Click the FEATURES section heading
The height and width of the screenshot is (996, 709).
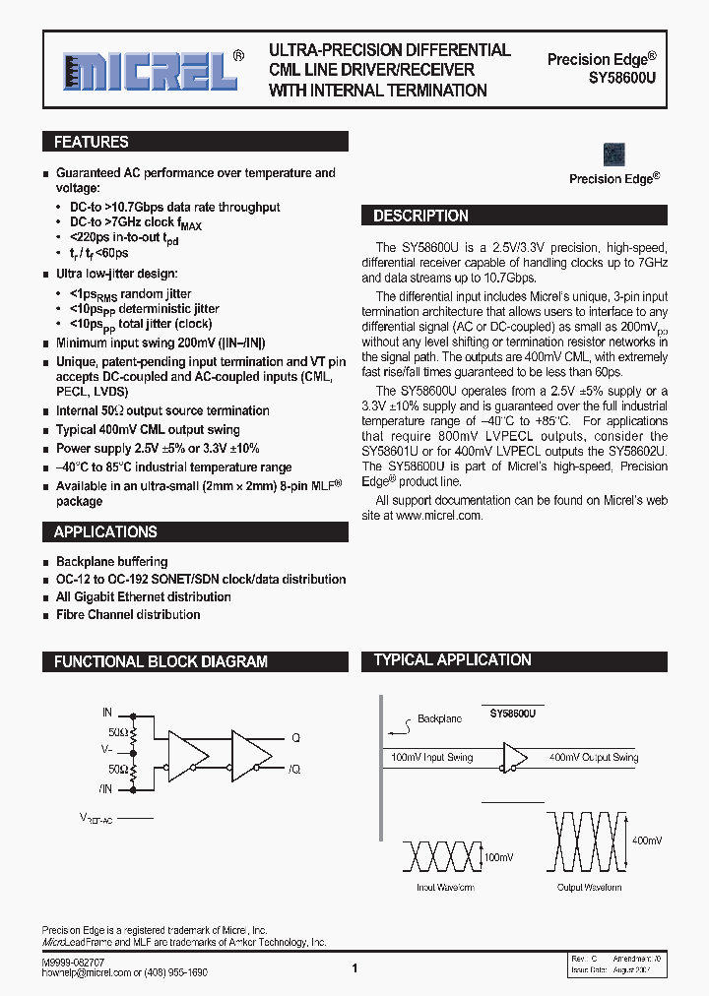tap(92, 142)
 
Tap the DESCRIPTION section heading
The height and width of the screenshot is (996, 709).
tap(420, 216)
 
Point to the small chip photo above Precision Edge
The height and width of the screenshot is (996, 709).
tap(614, 155)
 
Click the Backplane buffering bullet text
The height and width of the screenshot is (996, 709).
tap(111, 561)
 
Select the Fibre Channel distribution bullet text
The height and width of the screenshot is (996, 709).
tap(128, 614)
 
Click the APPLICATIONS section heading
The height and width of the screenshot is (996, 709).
tap(105, 531)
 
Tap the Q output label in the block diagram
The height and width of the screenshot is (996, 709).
tap(295, 737)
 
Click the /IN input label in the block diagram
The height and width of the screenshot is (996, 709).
tap(105, 788)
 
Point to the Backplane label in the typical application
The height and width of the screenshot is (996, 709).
tap(438, 718)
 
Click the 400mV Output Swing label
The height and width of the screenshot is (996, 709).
tap(594, 757)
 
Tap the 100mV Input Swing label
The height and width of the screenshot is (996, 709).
tap(432, 757)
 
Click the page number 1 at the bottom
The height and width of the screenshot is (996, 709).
tap(354, 968)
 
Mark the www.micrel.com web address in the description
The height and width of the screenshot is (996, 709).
tap(439, 515)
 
